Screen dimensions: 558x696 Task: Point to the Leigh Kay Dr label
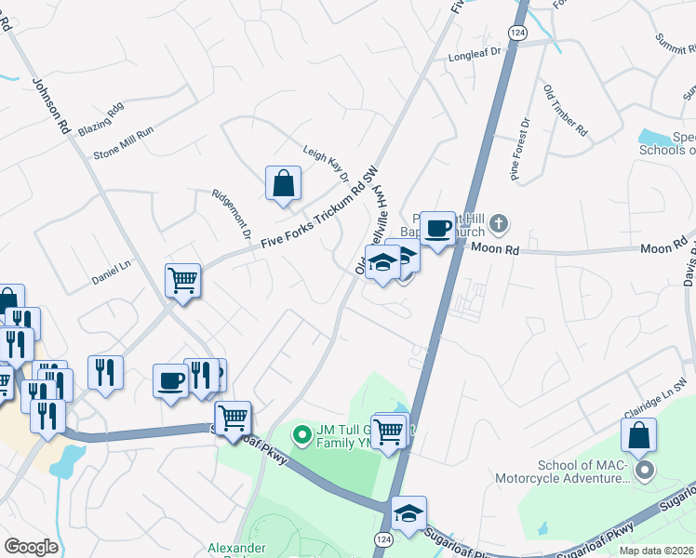tap(326, 164)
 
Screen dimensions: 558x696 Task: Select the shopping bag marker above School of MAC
tap(638, 435)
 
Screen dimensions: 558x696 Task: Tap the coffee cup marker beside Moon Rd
tap(436, 227)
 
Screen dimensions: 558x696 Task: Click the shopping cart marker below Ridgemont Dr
tap(183, 279)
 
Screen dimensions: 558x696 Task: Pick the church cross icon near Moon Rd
tap(499, 223)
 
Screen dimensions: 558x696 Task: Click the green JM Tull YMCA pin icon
tap(301, 433)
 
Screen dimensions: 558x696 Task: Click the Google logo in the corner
tap(31, 547)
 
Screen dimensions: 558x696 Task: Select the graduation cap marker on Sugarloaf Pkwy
tap(408, 512)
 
